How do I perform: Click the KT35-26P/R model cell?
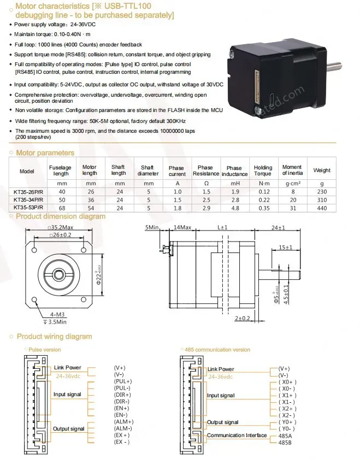[27, 192]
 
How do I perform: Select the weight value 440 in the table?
[322, 208]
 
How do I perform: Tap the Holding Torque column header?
[263, 170]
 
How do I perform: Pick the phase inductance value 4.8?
[234, 208]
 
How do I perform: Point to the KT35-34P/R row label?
[27, 200]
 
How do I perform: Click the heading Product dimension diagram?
[61, 216]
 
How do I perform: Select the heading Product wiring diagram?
[54, 337]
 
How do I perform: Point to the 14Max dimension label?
[182, 226]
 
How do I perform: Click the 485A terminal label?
[285, 435]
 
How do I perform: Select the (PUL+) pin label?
[122, 381]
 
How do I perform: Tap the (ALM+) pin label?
[123, 421]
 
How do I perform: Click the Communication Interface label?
[237, 436]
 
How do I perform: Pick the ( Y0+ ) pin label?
[287, 422]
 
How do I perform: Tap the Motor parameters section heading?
[45, 153]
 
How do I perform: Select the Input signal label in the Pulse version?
[67, 395]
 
